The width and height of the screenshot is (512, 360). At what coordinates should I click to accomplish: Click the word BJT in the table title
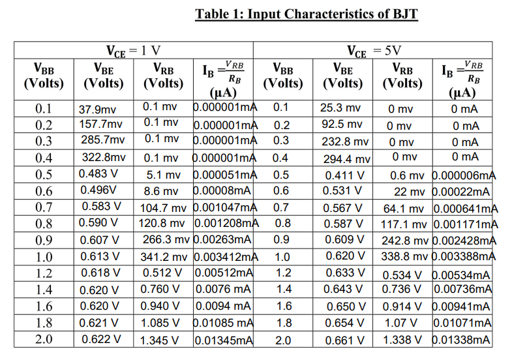click(x=402, y=14)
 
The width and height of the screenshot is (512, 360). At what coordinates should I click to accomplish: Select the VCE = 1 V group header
click(x=134, y=50)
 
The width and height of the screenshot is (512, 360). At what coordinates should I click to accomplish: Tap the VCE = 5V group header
click(x=373, y=50)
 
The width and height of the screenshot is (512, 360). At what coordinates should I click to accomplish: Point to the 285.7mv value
click(x=101, y=140)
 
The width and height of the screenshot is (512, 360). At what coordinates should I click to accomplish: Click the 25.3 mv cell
click(x=340, y=108)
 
